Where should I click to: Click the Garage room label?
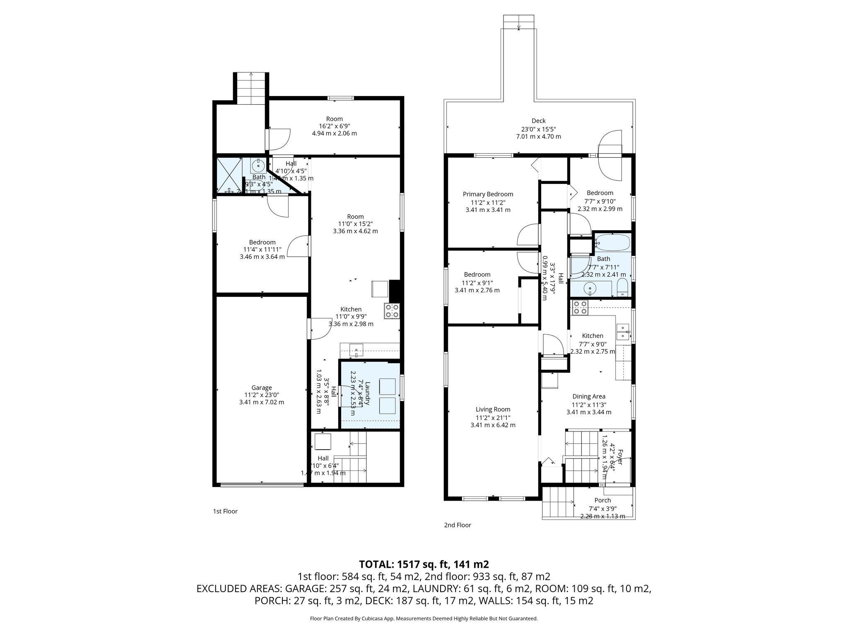[261, 388]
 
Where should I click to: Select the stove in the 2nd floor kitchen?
[580, 308]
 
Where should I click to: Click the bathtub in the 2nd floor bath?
[613, 243]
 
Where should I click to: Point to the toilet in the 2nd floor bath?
[622, 287]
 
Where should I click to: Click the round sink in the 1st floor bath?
[258, 166]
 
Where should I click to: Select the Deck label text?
[538, 120]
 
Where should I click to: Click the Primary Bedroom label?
[488, 194]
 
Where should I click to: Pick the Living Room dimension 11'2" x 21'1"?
[493, 417]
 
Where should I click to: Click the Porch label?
[602, 500]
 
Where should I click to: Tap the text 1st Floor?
[225, 511]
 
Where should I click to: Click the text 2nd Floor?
[458, 525]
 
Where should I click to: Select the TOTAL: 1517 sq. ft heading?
[424, 564]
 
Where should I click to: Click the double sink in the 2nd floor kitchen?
[622, 332]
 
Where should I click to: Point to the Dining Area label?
[589, 396]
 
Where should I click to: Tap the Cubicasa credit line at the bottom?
[424, 619]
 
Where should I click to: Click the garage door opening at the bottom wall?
[262, 484]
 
